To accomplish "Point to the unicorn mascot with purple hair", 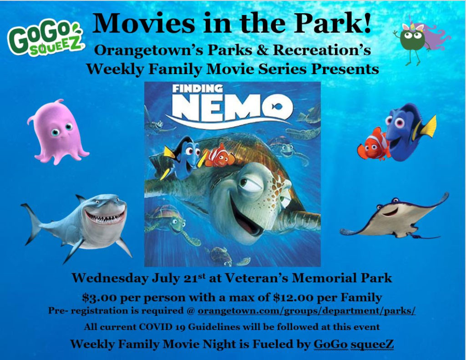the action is click(x=419, y=40).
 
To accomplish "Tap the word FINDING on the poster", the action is click(x=198, y=89).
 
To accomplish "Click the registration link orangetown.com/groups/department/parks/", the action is click(x=306, y=311).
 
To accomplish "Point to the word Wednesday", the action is click(x=110, y=278).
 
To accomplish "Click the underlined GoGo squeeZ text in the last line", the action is click(x=354, y=345).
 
